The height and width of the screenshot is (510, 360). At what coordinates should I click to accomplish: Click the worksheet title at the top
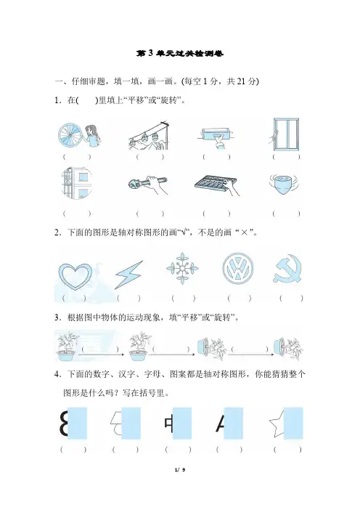[x=180, y=53]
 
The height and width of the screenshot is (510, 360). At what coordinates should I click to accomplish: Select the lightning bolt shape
[x=128, y=275]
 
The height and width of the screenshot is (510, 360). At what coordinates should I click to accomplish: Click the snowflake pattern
[x=182, y=268]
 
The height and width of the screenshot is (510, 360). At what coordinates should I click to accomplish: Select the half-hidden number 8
[x=64, y=423]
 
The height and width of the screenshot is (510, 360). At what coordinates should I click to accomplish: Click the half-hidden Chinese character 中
[x=169, y=424]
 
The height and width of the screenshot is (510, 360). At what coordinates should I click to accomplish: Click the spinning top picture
[x=284, y=184]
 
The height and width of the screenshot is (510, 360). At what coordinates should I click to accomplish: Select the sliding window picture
[x=285, y=134]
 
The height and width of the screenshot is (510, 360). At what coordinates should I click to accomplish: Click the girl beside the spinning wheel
[x=92, y=136]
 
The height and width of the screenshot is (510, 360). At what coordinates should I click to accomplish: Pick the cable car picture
[x=149, y=136]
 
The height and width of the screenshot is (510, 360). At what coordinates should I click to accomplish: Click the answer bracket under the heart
[x=74, y=298]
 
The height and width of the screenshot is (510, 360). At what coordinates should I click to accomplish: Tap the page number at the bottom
[x=180, y=469]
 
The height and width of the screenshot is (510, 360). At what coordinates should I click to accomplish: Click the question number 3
[x=57, y=317]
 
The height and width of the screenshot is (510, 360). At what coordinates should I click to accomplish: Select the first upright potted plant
[x=67, y=346]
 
